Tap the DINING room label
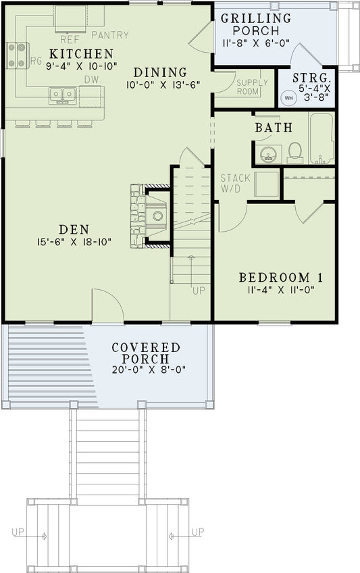coord(159,72)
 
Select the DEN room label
coord(75,228)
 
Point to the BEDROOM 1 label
coord(276,277)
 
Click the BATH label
coord(273,127)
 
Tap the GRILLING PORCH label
coord(256,24)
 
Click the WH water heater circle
coord(289,97)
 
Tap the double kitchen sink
coord(62,95)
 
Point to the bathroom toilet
coord(295,151)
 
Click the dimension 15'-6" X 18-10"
coord(75,241)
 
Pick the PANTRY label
coord(109,35)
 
